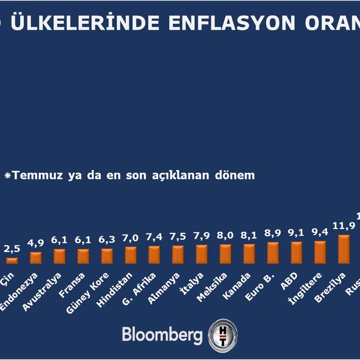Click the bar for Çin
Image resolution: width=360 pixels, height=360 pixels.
coord(12,260)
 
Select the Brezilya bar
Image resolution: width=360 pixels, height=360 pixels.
coord(344,249)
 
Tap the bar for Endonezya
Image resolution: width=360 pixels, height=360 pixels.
coord(35,258)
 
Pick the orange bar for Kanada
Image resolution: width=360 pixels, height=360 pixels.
coord(249,254)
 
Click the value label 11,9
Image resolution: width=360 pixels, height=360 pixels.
coord(343,226)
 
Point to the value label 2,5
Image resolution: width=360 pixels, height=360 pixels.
coord(12,249)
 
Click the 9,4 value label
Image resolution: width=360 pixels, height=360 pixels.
coord(319,232)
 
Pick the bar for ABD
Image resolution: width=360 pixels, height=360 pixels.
coord(296,252)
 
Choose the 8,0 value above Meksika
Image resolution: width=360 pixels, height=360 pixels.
coord(225,236)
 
